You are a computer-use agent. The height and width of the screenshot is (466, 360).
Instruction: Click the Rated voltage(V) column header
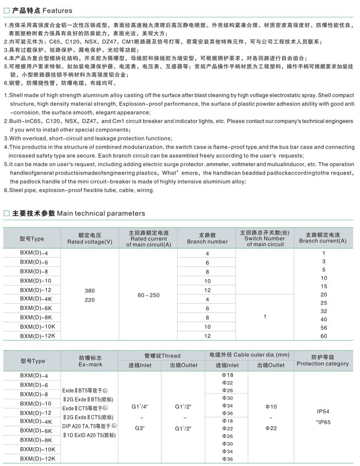[x=90, y=239]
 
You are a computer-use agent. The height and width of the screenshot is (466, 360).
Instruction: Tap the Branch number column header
[x=207, y=239]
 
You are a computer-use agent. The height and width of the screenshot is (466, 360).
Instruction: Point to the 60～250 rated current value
[x=148, y=295]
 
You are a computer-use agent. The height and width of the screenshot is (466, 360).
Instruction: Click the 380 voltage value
[x=90, y=291]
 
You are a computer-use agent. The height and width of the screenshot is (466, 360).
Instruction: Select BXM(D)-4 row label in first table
[x=34, y=253]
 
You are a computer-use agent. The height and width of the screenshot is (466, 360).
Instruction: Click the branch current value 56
[x=324, y=327]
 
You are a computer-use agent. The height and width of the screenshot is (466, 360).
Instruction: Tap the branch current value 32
[x=324, y=311]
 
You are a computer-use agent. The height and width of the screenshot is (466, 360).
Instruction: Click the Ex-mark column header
[x=90, y=361]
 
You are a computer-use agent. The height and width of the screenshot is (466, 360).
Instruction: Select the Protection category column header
[x=322, y=360]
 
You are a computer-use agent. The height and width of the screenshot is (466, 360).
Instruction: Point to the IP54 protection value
[x=322, y=412]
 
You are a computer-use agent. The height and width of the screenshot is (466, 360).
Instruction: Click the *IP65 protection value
[x=323, y=422]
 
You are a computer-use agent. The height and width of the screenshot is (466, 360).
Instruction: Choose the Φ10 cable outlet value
[x=271, y=407]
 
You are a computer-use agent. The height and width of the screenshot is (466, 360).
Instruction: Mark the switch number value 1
[x=265, y=317]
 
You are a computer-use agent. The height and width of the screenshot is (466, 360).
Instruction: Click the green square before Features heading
[x=6, y=10]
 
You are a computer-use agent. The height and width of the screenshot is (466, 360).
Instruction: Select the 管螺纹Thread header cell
[x=162, y=356]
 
